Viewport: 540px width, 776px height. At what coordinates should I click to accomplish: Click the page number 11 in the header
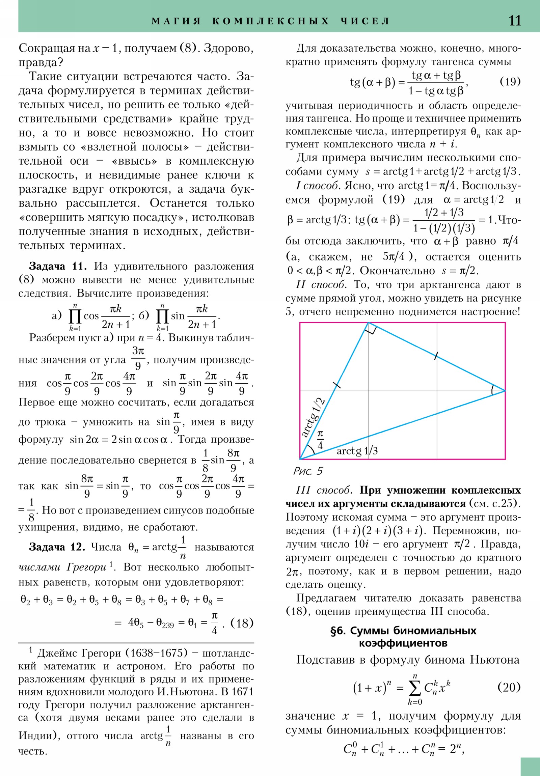coord(515,21)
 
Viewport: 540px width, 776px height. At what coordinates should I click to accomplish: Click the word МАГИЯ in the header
coord(176,21)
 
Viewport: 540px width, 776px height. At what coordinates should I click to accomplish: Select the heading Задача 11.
coord(58,266)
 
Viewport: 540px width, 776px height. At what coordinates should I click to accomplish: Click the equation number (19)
coord(510,81)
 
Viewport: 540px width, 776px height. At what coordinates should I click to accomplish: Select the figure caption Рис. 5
coord(308,471)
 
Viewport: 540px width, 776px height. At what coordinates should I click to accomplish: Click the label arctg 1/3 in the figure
coord(357,450)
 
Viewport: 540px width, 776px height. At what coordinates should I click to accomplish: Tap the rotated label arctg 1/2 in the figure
coord(313,418)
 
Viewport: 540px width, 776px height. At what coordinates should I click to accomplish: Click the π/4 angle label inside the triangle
coord(320,439)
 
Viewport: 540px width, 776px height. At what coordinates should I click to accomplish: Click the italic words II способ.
coord(321,285)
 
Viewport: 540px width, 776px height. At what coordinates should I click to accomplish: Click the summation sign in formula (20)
coord(414,688)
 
